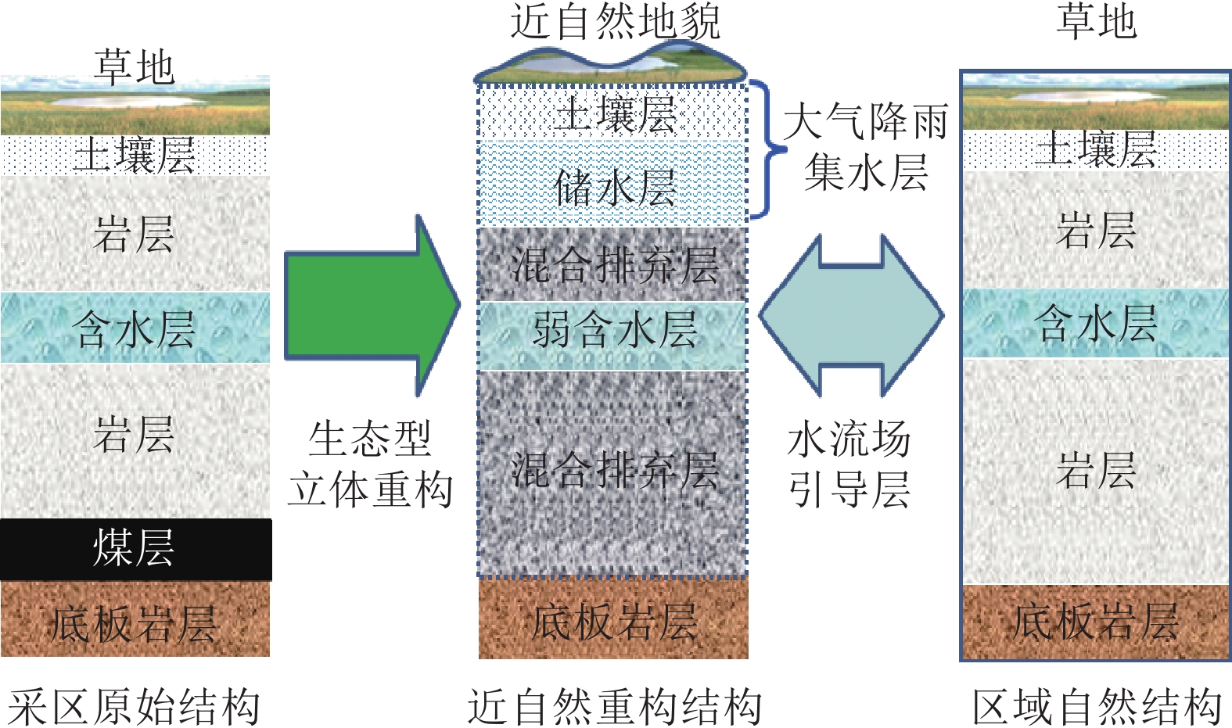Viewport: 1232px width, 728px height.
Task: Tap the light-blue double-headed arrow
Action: coord(851,315)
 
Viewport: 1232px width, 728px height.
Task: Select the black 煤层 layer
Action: coord(135,549)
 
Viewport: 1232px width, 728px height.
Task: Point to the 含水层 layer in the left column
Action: coord(135,328)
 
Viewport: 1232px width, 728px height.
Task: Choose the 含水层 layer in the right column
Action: coord(1095,323)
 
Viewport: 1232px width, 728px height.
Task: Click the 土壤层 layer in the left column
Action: coord(135,155)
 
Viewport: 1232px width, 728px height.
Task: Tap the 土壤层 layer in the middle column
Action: coord(613,113)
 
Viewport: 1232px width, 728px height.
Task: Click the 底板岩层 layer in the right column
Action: coord(1095,622)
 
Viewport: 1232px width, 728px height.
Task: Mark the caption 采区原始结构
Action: coord(135,706)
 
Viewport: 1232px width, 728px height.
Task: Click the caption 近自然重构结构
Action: coord(614,706)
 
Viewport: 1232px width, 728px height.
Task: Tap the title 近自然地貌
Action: coord(614,21)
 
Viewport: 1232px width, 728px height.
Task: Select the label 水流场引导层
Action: coord(849,463)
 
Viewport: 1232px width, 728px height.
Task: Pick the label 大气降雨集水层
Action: coord(865,146)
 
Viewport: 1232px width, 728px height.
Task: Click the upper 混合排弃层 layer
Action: coord(613,264)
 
